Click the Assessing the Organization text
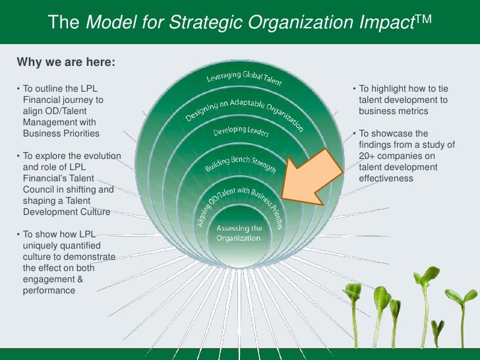(239, 233)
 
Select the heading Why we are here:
(66, 63)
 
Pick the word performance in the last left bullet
(49, 290)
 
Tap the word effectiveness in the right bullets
(386, 178)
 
